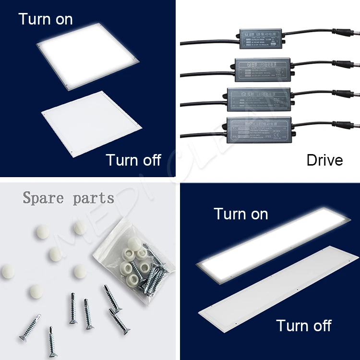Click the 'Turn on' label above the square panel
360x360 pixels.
pos(46,19)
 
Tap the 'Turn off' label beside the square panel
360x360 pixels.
pos(133,159)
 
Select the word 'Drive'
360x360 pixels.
pos(324,160)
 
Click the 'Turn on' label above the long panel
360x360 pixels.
pos(241,214)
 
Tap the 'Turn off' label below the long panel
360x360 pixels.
pos(303,325)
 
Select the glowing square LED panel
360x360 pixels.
pos(89,59)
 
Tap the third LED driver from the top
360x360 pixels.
pos(264,98)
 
